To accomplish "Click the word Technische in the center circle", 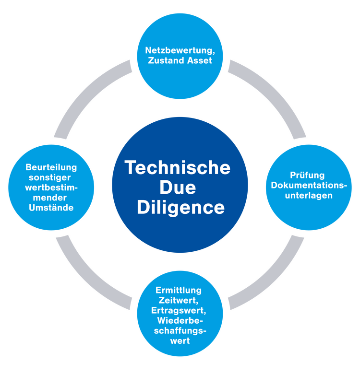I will [178, 167].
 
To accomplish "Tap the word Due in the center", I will [178, 187].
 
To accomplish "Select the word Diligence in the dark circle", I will [180, 208].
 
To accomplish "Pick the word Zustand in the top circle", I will [166, 61].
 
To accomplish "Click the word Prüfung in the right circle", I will [307, 175].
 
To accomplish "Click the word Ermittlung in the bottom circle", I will [179, 290].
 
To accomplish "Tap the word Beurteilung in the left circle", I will [51, 167].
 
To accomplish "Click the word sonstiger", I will [51, 177].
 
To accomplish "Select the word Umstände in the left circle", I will [51, 208].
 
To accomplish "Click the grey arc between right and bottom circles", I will [274, 278].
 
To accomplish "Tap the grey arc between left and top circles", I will [86, 96].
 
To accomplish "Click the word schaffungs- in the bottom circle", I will [180, 331].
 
